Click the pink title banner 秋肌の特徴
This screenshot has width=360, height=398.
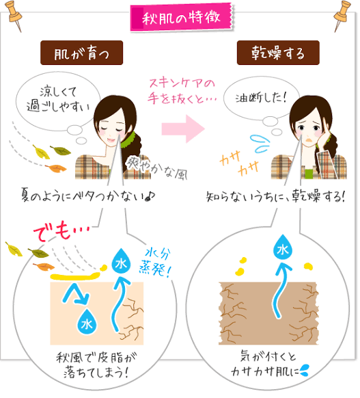click(182, 17)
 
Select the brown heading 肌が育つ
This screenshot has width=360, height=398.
click(82, 53)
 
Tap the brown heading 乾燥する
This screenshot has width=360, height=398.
click(278, 53)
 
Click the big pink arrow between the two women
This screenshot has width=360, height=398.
click(183, 129)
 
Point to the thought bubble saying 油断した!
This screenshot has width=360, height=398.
click(261, 98)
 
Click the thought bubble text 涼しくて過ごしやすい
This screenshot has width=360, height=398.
click(58, 100)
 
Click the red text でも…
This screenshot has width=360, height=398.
click(62, 233)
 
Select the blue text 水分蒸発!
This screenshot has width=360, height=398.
click(155, 263)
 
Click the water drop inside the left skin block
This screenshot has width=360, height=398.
click(87, 322)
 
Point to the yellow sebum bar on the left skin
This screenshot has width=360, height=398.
click(74, 276)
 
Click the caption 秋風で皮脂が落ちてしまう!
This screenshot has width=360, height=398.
click(96, 365)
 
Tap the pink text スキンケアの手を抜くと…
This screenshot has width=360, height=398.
click(182, 92)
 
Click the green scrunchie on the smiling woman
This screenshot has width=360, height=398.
click(126, 140)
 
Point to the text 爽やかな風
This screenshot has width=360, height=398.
click(156, 168)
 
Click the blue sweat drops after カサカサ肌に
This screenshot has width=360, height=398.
click(305, 371)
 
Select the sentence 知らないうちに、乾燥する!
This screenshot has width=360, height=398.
click(276, 197)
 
